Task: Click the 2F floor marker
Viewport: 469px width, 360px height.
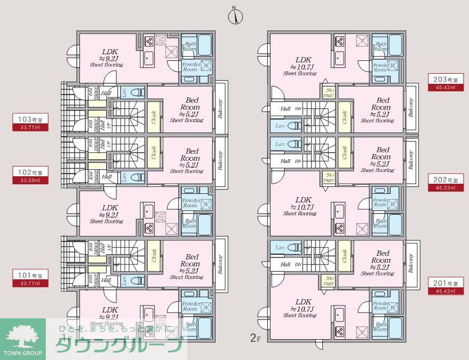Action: (x=255, y=338)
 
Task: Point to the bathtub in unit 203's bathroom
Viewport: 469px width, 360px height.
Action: (x=395, y=44)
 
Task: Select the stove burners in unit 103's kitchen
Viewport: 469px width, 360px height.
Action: (x=149, y=41)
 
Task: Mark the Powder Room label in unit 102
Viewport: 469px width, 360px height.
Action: (x=190, y=204)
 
